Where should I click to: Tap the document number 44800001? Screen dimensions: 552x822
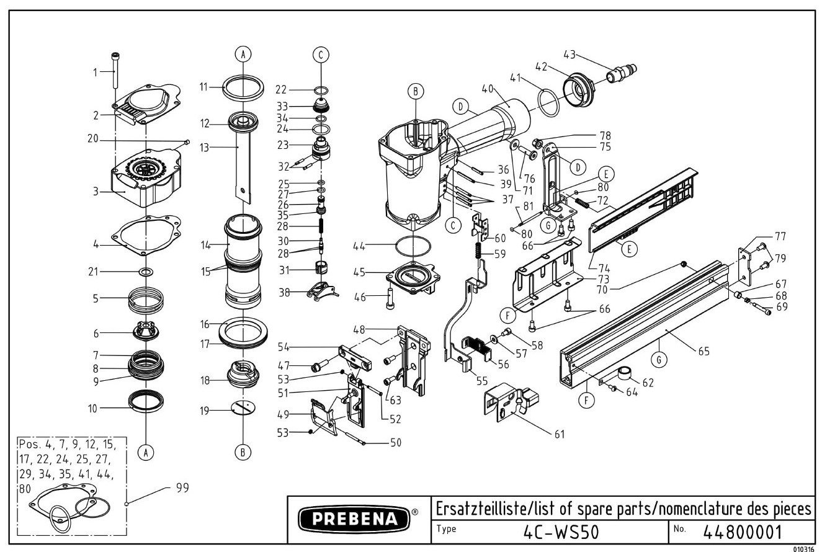pyautogui.click(x=743, y=532)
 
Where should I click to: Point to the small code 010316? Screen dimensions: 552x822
pyautogui.click(x=804, y=548)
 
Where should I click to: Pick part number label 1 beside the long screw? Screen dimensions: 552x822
pyautogui.click(x=96, y=72)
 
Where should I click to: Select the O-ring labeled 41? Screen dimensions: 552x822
pyautogui.click(x=548, y=101)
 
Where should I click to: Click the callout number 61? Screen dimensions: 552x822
pyautogui.click(x=559, y=434)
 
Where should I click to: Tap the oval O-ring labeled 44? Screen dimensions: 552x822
pyautogui.click(x=412, y=246)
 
